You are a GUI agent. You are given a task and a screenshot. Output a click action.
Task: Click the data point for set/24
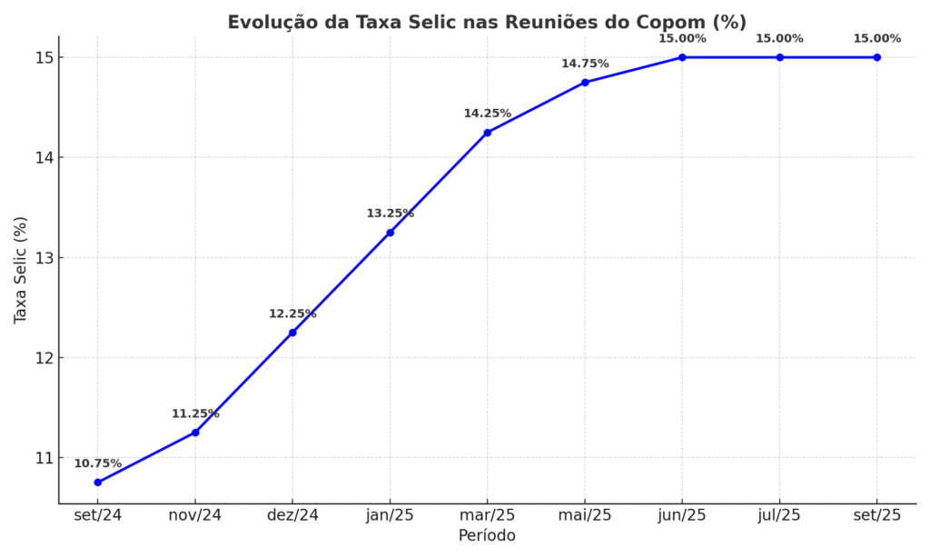pos(97,483)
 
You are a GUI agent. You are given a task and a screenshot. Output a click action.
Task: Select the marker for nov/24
pos(195,433)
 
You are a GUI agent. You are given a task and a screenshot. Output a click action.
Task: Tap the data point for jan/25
pos(390,233)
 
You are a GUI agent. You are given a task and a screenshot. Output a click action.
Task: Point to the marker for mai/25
pos(585,83)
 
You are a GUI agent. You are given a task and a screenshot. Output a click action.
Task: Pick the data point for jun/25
pos(682,57)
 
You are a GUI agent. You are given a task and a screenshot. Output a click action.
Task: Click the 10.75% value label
pos(97,463)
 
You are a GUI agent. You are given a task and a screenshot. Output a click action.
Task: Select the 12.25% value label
pos(292,314)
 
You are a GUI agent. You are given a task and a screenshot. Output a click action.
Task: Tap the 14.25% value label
pos(488,114)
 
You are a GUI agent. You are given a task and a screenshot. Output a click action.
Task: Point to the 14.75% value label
pos(585,64)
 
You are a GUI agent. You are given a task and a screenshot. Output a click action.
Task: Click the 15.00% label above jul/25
pos(779,38)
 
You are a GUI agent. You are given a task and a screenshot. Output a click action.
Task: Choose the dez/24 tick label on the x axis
pos(292,515)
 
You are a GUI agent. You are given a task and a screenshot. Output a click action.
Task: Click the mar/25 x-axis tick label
pos(488,515)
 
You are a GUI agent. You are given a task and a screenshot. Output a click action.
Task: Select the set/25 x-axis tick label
pos(877,515)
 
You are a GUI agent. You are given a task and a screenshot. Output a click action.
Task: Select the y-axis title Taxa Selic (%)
pos(21,270)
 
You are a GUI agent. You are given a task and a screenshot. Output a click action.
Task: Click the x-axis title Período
pos(487,536)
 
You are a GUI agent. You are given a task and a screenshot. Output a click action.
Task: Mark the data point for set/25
pos(877,57)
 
